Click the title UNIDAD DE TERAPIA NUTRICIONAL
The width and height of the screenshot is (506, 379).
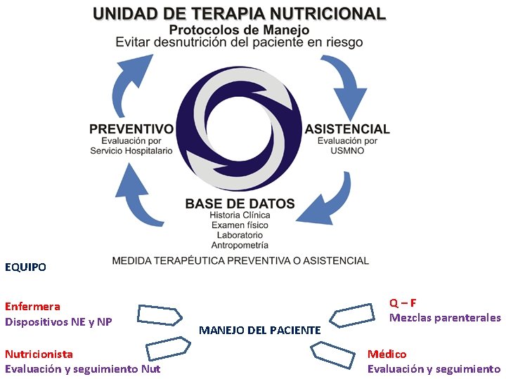pos(239,13)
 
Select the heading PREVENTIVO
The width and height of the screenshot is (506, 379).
pos(131,129)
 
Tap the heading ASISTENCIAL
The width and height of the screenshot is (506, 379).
pos(347,129)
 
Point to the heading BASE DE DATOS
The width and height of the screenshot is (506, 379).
pos(240,204)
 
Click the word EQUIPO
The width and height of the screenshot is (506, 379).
pos(25,267)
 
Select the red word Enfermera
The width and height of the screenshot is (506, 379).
pos(32,306)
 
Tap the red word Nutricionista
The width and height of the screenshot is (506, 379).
pos(39,354)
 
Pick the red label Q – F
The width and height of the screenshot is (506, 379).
pos(403,302)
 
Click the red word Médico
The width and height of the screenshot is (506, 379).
pos(387,354)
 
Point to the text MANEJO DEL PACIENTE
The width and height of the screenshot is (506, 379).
pos(260,329)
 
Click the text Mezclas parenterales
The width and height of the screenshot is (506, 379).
pos(445,318)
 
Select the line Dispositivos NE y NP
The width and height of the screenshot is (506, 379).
pos(58,322)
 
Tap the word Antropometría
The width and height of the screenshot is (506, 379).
pos(240,245)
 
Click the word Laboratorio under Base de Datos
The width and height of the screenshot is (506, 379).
pos(240,234)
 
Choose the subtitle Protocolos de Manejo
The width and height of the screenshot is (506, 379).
pos(239,30)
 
